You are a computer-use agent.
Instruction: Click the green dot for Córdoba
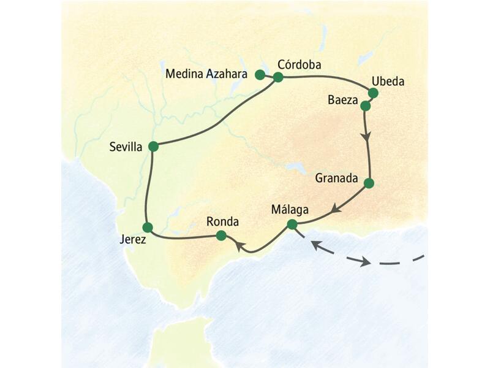[x=278, y=77]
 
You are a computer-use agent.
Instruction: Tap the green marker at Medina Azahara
[x=260, y=75]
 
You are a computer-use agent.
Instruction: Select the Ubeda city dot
[x=373, y=93]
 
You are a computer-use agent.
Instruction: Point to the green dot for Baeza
[x=366, y=105]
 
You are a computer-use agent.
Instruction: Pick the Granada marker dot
[x=369, y=183]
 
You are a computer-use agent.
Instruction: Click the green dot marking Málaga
[x=292, y=224]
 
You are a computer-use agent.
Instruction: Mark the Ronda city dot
[x=222, y=235]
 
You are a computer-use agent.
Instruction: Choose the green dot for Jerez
[x=147, y=227]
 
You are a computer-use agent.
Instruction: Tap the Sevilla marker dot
[x=153, y=146]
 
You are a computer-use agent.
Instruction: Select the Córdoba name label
[x=300, y=64]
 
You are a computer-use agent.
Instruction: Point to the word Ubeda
[x=388, y=81]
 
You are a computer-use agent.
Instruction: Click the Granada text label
[x=336, y=179]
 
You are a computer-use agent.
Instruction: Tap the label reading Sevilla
[x=126, y=147]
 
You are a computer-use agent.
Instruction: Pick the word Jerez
[x=132, y=240]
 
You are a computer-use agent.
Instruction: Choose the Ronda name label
[x=222, y=221]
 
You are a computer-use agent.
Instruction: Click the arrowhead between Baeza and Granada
[x=367, y=137]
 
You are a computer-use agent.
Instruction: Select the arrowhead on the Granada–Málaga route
[x=334, y=209]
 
